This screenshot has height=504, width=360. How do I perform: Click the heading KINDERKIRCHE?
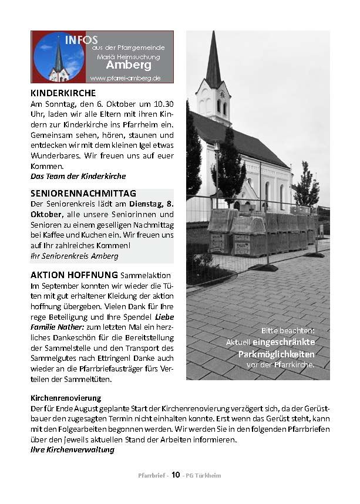63,93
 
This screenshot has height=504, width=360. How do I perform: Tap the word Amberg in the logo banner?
129,65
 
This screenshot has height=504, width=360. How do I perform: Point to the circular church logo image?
58,56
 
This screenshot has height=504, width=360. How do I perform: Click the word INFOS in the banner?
81,40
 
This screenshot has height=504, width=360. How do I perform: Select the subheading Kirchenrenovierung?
66,397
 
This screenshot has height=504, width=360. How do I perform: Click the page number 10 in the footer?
176,475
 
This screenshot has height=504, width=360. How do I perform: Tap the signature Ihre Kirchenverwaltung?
72,450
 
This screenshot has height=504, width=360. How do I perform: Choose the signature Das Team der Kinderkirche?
78,176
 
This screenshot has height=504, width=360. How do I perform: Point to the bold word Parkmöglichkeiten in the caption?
276,354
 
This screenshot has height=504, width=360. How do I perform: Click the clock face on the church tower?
221,94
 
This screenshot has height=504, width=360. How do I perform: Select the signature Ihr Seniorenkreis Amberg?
74,256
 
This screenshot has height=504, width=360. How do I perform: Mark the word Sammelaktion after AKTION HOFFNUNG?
145,275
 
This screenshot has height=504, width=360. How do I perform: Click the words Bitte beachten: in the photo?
289,330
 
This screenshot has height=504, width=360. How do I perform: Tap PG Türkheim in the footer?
202,475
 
